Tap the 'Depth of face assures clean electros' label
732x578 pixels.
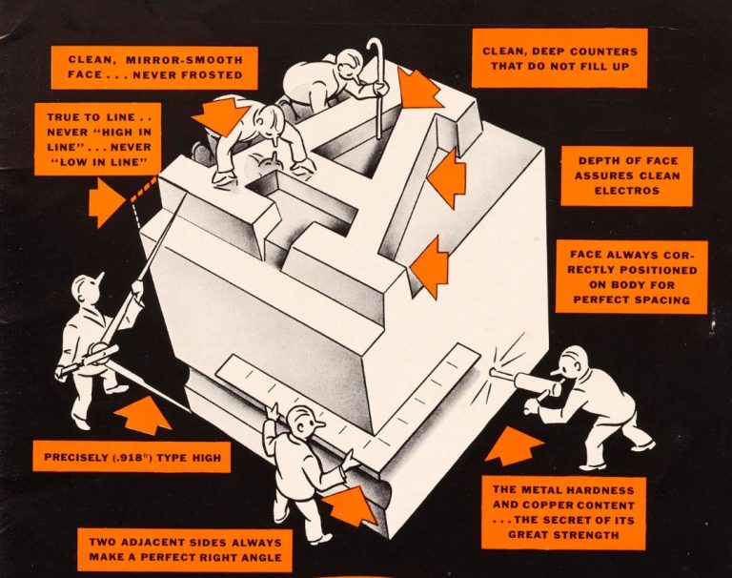tap(625, 175)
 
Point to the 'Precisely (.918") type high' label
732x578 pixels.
tap(132, 457)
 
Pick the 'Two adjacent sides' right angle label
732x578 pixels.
tap(185, 549)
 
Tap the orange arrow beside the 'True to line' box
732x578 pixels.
tap(106, 202)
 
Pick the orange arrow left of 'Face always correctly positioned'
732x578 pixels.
tap(431, 266)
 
